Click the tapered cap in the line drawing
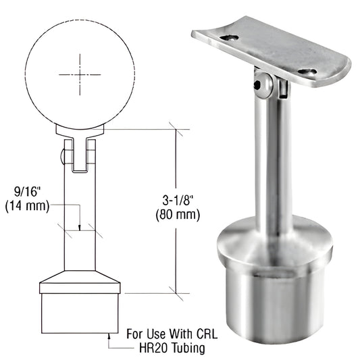80,281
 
